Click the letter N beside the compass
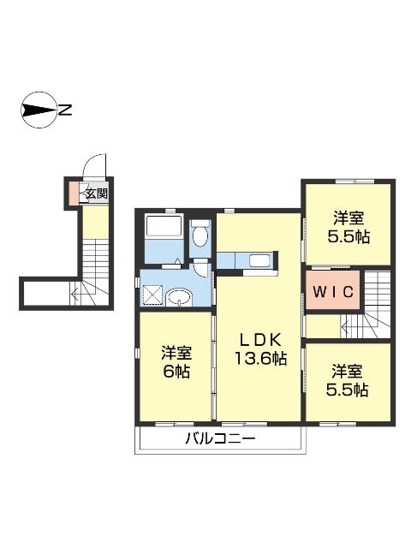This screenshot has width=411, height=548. [65, 110]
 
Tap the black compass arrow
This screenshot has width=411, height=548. [39, 110]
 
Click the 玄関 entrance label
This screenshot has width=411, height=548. [97, 194]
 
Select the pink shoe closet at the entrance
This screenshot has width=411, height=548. [74, 194]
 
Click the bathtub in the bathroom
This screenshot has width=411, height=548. [164, 226]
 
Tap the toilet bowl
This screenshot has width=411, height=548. [200, 235]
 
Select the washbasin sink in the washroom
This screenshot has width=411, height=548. [179, 298]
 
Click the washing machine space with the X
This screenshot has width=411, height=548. [152, 296]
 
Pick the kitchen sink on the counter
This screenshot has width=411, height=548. [260, 261]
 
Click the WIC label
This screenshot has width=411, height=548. [333, 291]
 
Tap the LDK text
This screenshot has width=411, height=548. [260, 339]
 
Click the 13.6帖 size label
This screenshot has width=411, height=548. [260, 359]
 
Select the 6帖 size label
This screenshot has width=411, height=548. [176, 371]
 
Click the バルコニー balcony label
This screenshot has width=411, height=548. [221, 438]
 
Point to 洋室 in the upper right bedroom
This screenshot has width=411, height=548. [348, 218]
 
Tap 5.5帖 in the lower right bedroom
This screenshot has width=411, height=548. [347, 390]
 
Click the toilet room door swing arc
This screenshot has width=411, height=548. [200, 269]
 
